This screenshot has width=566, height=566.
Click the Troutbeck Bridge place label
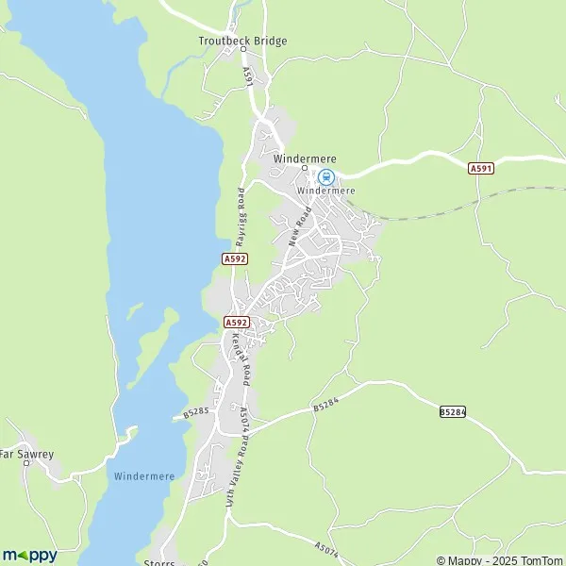242,41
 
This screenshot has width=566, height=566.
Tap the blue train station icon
325,176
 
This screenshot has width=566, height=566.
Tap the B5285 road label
195,412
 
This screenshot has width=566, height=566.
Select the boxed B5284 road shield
453,412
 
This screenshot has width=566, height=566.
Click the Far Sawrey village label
25,454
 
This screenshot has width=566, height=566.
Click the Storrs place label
160,562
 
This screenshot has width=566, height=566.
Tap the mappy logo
29,555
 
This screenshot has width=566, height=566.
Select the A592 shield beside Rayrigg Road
235,258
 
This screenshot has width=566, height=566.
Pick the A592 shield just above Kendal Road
236,323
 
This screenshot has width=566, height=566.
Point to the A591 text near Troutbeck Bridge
249,75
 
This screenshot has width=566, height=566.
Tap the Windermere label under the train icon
325,191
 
